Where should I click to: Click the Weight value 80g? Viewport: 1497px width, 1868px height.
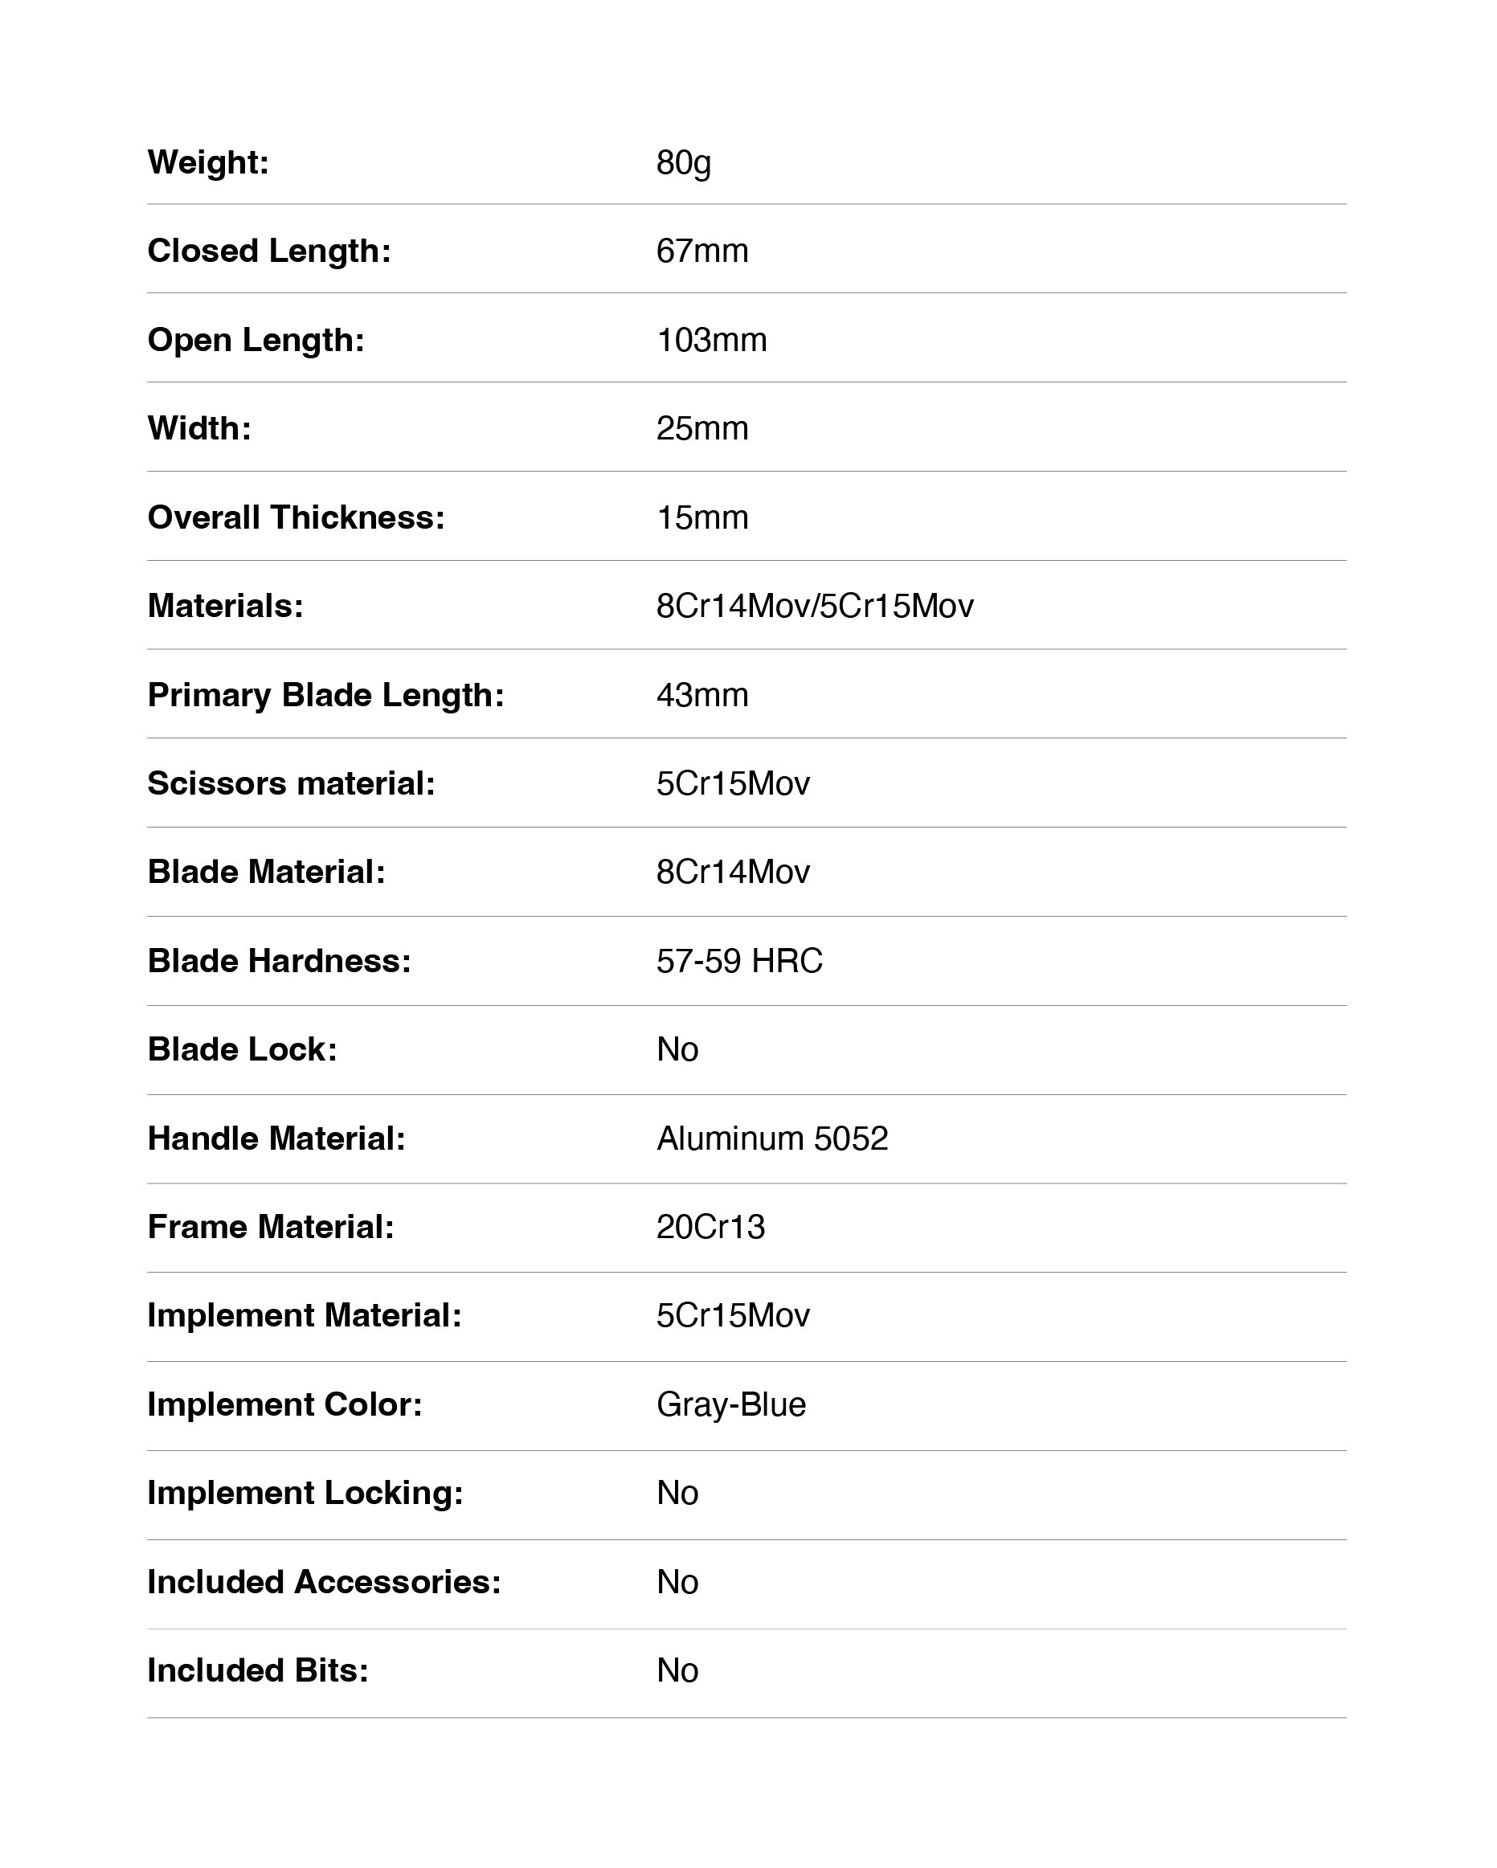684,163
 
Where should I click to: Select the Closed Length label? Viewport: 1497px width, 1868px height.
268,251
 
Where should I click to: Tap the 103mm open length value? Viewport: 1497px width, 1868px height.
711,341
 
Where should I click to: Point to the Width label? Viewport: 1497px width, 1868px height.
199,429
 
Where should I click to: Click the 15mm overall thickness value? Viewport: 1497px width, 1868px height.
701,518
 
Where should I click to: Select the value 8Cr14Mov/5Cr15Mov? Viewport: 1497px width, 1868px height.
814,607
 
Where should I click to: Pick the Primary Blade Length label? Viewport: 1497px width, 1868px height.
325,696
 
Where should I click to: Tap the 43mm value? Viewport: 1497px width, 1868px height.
701,696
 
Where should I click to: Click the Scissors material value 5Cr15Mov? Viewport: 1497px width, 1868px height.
733,784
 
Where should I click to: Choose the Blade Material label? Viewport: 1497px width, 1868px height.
266,873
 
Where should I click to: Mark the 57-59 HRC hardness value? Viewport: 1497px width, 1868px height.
739,962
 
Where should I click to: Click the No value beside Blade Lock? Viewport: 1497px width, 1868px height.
677,1050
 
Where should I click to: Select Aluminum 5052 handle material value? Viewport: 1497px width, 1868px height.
772,1139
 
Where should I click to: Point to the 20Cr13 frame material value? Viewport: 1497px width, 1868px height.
710,1228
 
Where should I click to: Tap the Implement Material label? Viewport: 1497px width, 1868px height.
304,1316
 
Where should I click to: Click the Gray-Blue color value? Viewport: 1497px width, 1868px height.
731,1405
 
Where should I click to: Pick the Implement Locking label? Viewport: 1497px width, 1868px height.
305,1494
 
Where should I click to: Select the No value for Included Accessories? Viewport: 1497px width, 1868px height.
677,1583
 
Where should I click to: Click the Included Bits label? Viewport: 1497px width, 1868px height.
257,1671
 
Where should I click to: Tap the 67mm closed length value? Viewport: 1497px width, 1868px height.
701,251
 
